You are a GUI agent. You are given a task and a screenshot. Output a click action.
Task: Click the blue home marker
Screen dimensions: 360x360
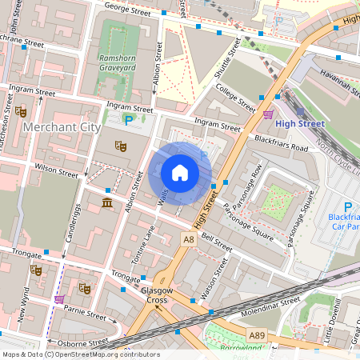180,173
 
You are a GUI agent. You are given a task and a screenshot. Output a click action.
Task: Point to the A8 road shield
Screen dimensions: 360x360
188,238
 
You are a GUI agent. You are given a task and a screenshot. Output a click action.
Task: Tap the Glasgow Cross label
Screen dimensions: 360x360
154,295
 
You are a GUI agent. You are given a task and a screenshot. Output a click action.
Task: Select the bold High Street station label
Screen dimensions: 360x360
299,124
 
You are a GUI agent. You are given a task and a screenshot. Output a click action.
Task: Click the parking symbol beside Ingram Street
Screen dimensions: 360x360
128,120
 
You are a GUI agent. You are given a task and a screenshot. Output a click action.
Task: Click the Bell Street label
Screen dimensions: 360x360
217,244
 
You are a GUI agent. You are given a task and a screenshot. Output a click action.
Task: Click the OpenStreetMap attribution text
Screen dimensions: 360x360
80,354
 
